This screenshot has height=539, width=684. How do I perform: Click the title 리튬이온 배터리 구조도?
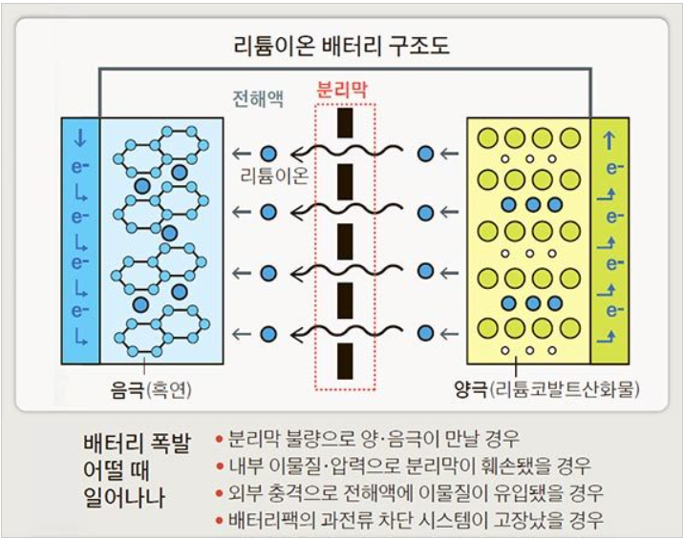click(x=342, y=44)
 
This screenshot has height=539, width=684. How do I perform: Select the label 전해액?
click(x=259, y=99)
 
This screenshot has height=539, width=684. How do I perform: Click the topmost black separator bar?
click(x=345, y=122)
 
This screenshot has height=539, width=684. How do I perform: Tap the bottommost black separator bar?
click(x=345, y=366)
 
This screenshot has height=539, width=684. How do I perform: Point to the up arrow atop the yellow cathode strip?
click(x=609, y=138)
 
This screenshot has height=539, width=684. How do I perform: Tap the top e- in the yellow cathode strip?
click(x=612, y=169)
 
